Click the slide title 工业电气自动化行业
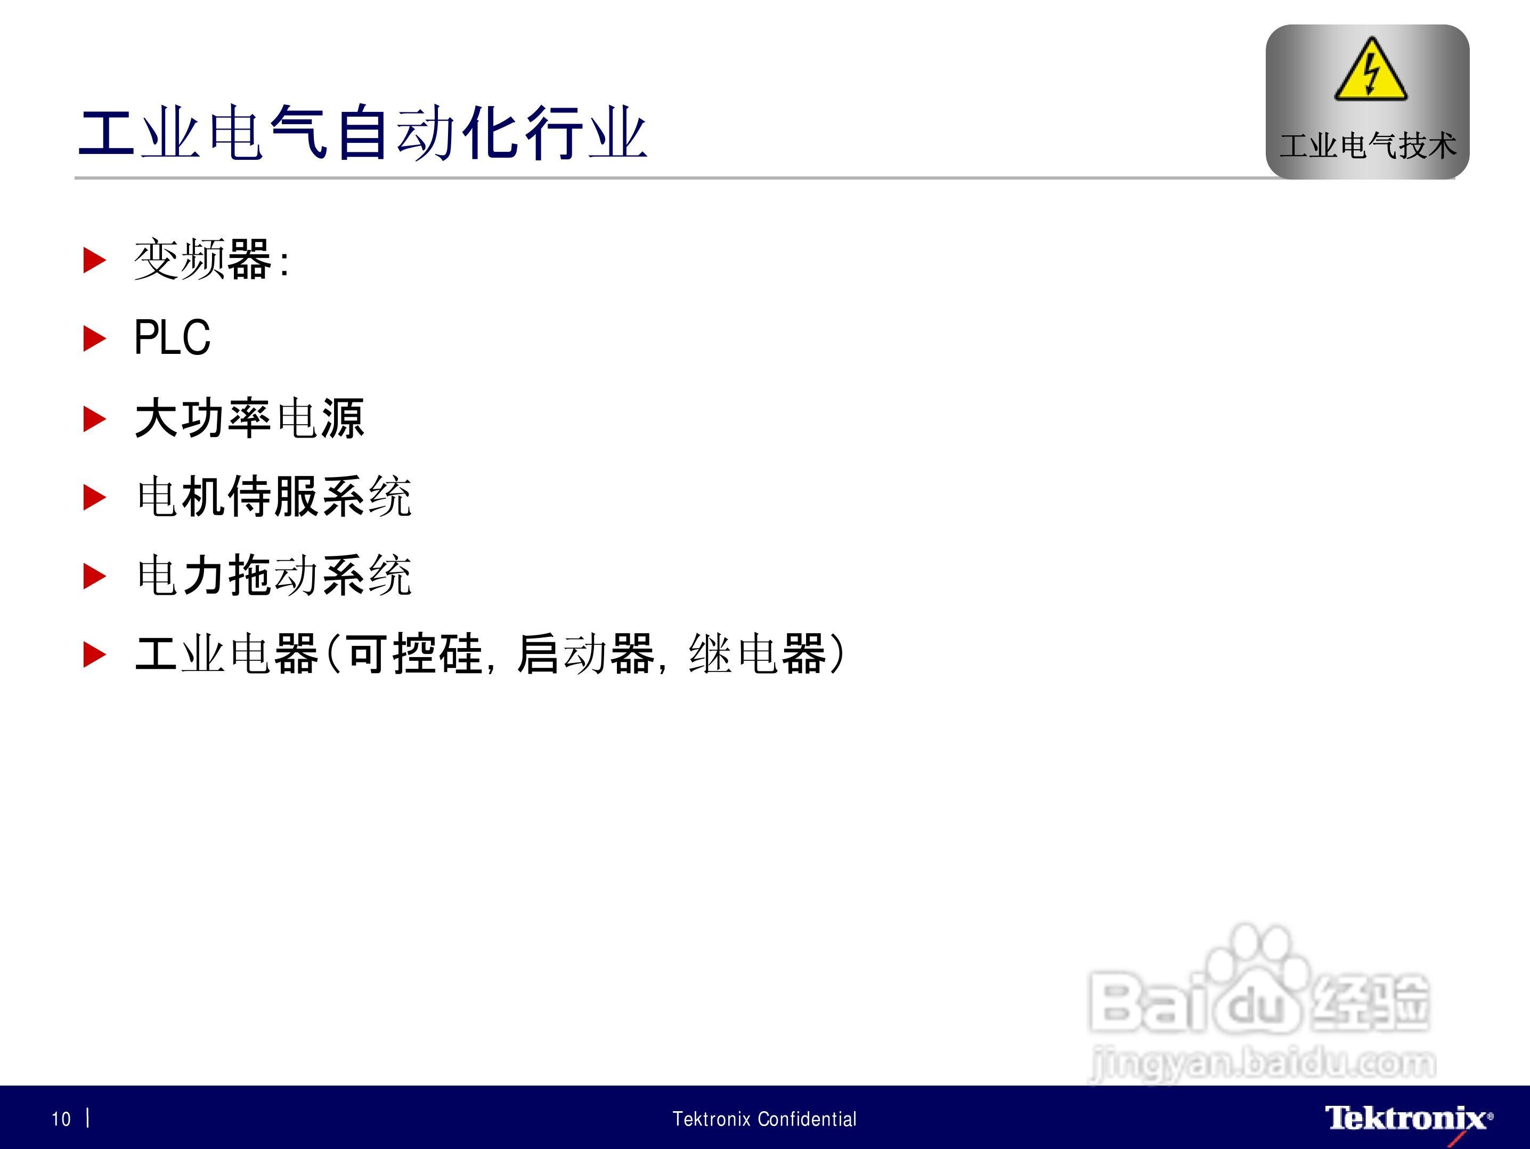pyautogui.click(x=363, y=134)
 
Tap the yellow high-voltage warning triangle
pyautogui.click(x=1370, y=70)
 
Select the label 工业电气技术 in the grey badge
pyautogui.click(x=1368, y=145)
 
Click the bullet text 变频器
pyautogui.click(x=202, y=260)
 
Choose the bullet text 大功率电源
pyautogui.click(x=249, y=418)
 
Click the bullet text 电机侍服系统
pyautogui.click(x=274, y=497)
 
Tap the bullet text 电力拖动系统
pyautogui.click(x=274, y=575)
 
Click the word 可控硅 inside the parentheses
pyautogui.click(x=414, y=654)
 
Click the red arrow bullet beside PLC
pyautogui.click(x=95, y=338)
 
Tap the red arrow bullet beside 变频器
pyautogui.click(x=95, y=260)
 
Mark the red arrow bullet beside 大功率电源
pyautogui.click(x=95, y=418)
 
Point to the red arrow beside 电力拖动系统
pyautogui.click(x=95, y=576)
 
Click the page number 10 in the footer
pyautogui.click(x=61, y=1119)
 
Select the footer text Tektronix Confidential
pyautogui.click(x=764, y=1119)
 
